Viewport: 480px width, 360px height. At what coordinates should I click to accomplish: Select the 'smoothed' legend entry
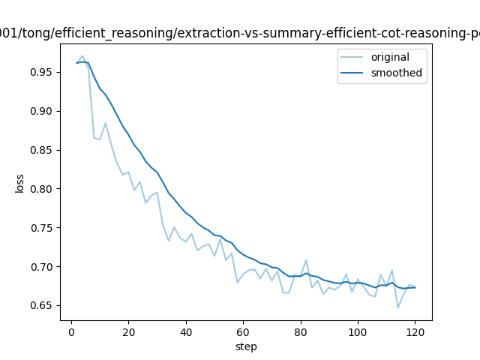pos(396,73)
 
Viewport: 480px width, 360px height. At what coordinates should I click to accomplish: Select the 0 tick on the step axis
pos(71,331)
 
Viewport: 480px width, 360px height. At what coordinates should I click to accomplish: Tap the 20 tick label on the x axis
pos(128,331)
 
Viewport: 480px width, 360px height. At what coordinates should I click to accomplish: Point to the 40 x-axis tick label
pos(186,331)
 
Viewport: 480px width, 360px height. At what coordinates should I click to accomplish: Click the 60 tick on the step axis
pos(243,331)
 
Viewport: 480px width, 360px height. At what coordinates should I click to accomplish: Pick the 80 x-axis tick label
pos(301,331)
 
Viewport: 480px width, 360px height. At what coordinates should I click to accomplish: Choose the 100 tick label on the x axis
pos(358,331)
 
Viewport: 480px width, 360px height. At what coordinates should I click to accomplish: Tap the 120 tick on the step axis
pos(415,331)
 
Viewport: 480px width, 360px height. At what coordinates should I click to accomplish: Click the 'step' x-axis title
pos(246,346)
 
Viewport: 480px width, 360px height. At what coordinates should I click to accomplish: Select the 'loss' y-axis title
pos(20,182)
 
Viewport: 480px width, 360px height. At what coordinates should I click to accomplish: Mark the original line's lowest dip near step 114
pos(398,307)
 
